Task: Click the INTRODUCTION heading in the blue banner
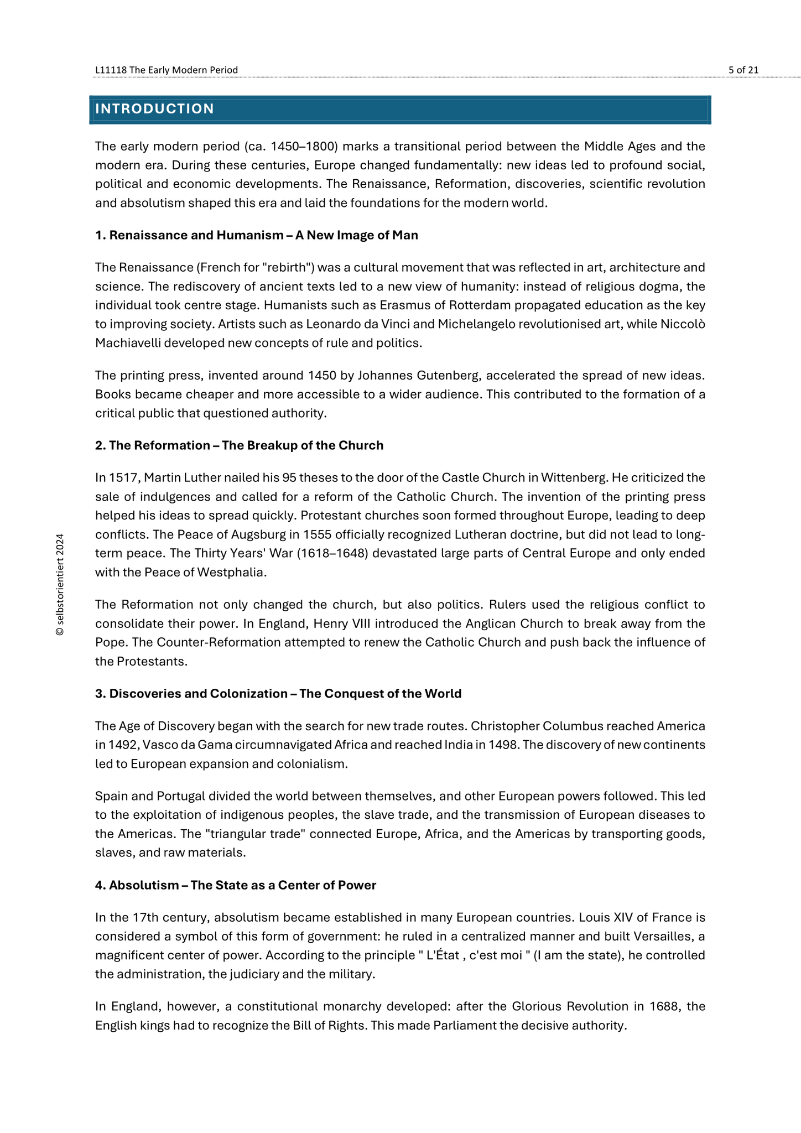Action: pos(154,109)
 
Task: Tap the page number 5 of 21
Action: pos(743,70)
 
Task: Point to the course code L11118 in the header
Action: pos(111,70)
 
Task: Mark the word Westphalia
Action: pos(232,572)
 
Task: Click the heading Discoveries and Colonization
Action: pos(198,694)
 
